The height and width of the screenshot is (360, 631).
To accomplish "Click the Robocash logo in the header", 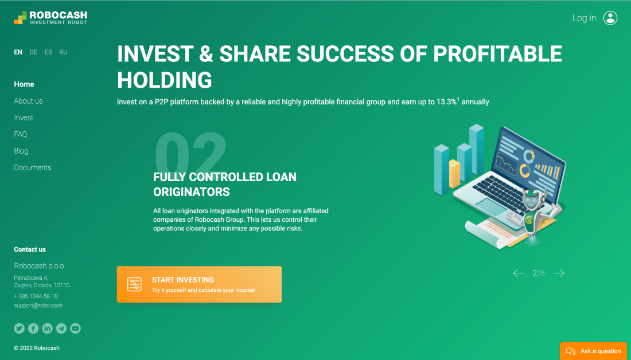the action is tap(50, 18).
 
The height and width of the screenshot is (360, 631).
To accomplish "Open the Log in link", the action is tap(584, 18).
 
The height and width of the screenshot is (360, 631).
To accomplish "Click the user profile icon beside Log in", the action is tap(610, 18).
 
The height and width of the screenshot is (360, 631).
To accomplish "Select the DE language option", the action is tap(33, 52).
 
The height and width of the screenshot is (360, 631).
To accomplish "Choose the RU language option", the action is tap(63, 52).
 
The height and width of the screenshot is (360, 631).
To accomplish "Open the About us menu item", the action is tap(28, 101).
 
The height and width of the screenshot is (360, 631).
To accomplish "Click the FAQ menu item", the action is tap(21, 134).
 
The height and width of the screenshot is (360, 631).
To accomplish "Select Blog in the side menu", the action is tap(21, 151).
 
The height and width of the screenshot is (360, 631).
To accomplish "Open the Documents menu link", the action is tap(33, 168).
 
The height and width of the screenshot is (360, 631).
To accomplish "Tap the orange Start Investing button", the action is tap(199, 284).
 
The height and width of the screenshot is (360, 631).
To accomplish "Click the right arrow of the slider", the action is tap(559, 273).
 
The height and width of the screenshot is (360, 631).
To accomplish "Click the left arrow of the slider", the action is tap(519, 273).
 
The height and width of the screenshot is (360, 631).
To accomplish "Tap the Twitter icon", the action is tap(20, 328).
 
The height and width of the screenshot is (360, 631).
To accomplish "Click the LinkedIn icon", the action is tap(47, 328).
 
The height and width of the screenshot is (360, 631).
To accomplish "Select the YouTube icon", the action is tap(75, 328).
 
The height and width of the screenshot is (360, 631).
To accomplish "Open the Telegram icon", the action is tap(61, 328).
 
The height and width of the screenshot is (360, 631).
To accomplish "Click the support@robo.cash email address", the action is tap(38, 306).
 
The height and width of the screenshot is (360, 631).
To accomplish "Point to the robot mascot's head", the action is tap(534, 199).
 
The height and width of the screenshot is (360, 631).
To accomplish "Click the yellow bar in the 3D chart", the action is tap(454, 174).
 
